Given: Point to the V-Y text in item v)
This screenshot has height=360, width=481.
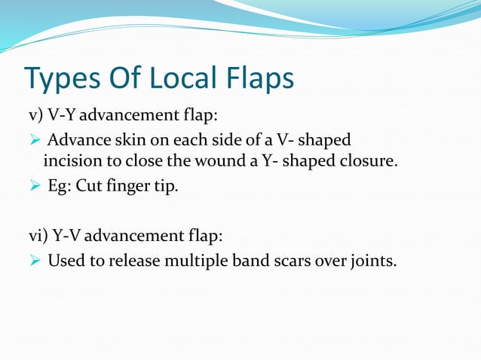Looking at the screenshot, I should pos(62,115).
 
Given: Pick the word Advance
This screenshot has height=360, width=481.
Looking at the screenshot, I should pos(78,140).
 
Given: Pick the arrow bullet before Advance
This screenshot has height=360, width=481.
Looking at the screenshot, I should pos(35,141).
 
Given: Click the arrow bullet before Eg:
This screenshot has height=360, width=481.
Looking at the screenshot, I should pos(35,185).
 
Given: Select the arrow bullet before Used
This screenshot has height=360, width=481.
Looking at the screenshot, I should pos(35,261).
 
